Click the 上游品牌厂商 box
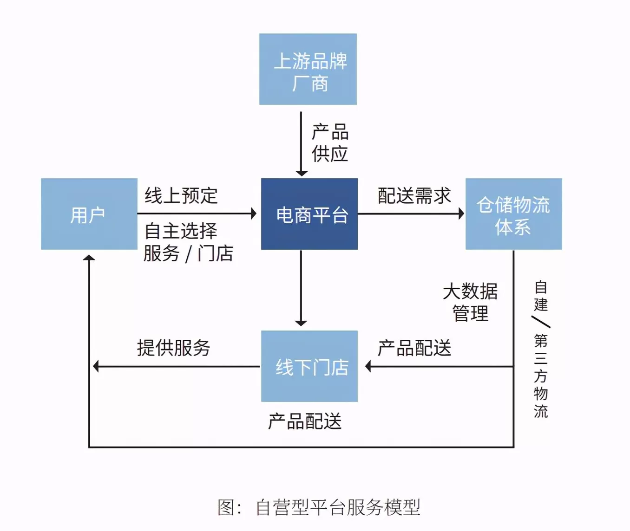(308, 69)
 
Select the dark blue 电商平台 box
(309, 214)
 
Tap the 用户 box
(89, 214)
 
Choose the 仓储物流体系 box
(513, 214)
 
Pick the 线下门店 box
(309, 366)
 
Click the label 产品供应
(330, 142)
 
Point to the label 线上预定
(181, 195)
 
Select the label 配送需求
(414, 195)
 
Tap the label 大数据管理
(470, 302)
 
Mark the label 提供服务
(174, 348)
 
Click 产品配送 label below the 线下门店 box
(305, 421)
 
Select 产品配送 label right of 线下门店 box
(414, 348)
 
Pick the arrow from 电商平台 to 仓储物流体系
(411, 214)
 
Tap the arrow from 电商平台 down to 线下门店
(301, 288)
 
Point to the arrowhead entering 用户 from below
(89, 258)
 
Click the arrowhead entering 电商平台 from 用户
(254, 214)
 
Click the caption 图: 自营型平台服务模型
(319, 507)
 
